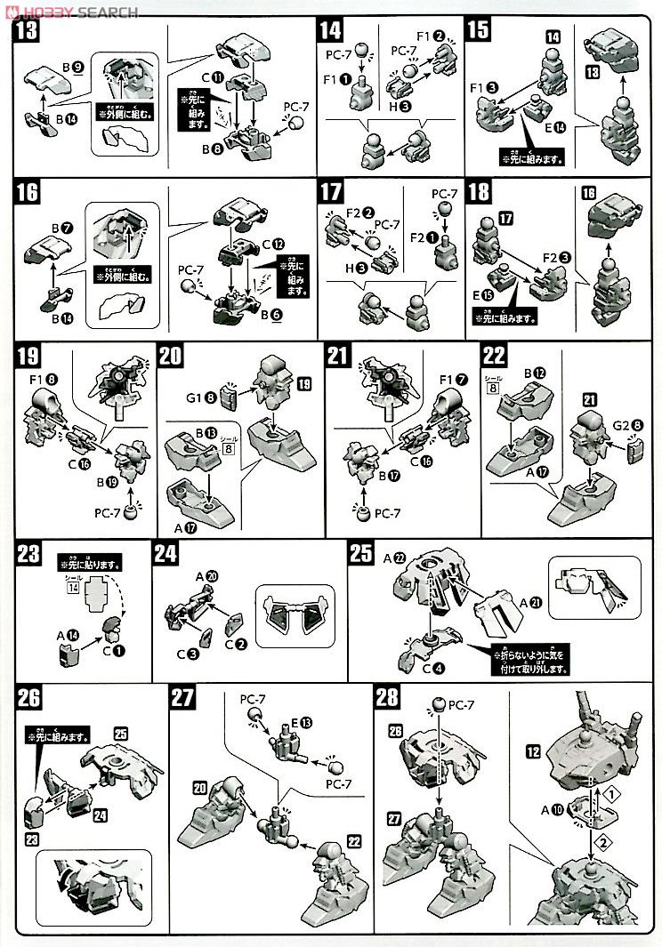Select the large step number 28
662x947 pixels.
388,699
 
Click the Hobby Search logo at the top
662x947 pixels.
70,12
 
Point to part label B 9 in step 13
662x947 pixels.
70,68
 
